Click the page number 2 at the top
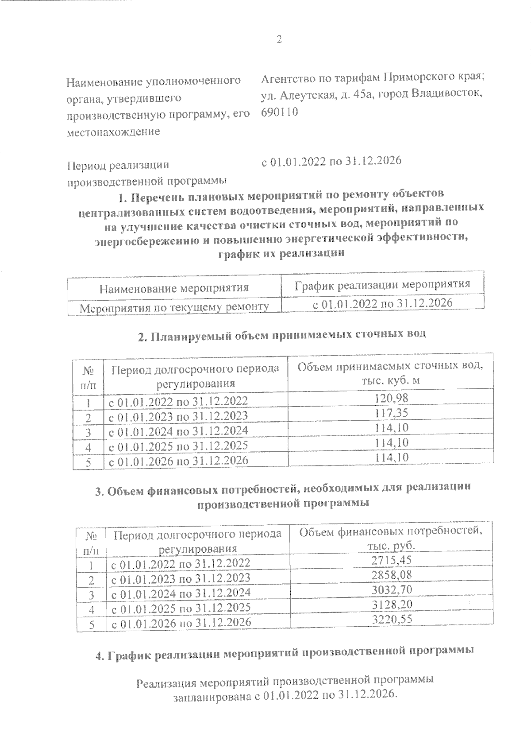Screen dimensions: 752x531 279,40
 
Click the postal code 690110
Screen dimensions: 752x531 279,112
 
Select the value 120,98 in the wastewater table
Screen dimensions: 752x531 391,398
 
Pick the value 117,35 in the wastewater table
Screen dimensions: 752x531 391,413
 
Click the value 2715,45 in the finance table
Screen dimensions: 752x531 392,560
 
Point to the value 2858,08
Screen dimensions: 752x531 392,575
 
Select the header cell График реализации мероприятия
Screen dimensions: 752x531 382,284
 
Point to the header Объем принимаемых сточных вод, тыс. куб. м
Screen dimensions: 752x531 390,373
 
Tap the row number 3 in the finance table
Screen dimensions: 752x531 92,594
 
